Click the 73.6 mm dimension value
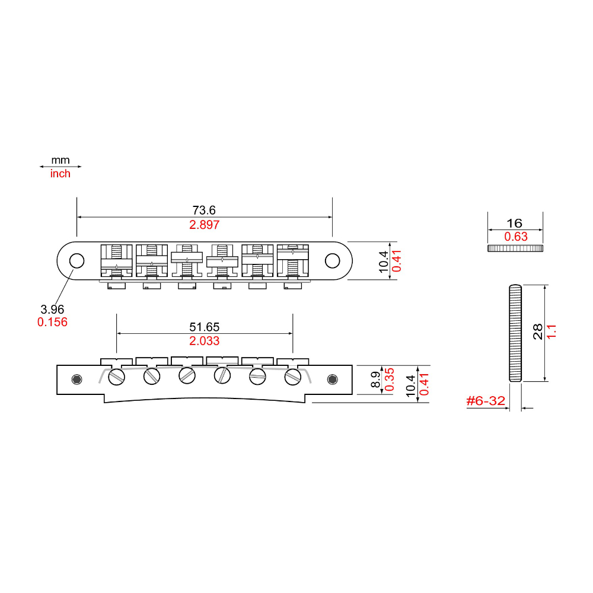(204, 210)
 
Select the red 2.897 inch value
(204, 225)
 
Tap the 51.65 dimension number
(204, 327)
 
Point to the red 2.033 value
(204, 341)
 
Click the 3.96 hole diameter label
(52, 309)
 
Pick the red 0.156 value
(52, 322)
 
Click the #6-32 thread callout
(486, 401)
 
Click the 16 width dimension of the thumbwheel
(515, 223)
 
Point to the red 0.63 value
(515, 237)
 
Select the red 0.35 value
(390, 380)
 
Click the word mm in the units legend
(60, 160)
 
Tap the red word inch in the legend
(60, 174)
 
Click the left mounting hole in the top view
(77, 260)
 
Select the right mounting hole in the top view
(333, 260)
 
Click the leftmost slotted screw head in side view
(116, 376)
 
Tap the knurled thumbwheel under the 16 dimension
(515, 248)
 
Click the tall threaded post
(515, 333)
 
